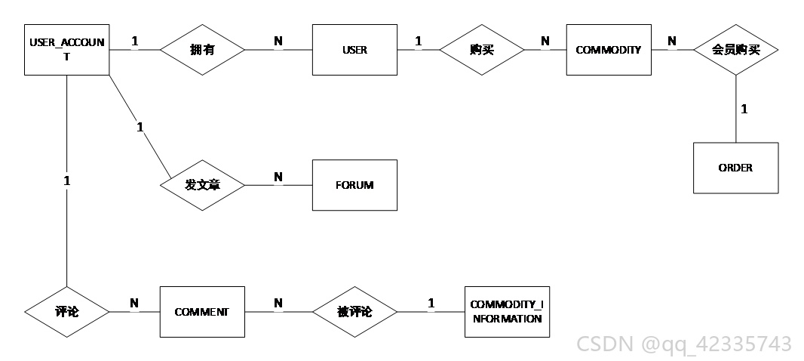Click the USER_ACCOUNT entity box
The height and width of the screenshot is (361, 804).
click(66, 50)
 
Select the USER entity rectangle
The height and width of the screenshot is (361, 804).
click(354, 50)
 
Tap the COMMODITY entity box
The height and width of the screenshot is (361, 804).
click(609, 50)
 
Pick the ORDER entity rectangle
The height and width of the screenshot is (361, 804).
click(736, 168)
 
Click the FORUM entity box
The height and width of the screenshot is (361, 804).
click(354, 185)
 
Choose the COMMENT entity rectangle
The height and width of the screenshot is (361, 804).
click(202, 312)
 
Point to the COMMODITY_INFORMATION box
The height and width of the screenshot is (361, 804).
click(507, 312)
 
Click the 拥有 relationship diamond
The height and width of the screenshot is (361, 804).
click(203, 50)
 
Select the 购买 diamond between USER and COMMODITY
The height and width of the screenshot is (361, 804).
click(482, 50)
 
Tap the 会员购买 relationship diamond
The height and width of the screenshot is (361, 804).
click(736, 50)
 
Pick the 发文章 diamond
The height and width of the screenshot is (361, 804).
click(203, 185)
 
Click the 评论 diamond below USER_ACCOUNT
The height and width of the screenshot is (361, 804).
click(66, 312)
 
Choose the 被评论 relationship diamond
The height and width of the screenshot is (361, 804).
click(354, 312)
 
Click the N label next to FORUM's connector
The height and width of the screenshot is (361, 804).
click(278, 177)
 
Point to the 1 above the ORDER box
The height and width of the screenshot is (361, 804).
click(744, 109)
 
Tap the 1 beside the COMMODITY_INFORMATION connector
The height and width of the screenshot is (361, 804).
click(431, 304)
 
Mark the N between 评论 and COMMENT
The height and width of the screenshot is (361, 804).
click(134, 304)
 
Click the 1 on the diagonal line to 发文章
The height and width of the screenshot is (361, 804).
click(140, 127)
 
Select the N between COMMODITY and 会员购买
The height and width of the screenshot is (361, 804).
click(672, 41)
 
